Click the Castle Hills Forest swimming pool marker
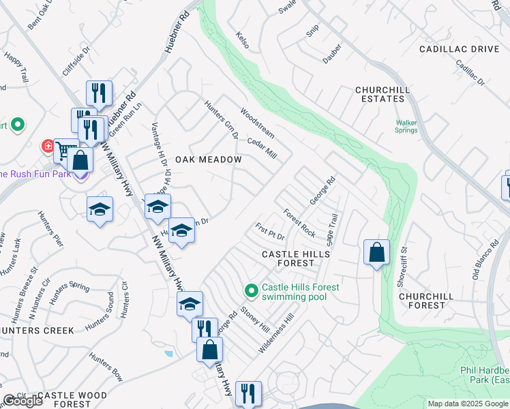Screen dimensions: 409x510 [252, 291]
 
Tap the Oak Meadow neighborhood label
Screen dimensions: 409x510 [209, 160]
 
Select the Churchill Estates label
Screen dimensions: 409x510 [380, 94]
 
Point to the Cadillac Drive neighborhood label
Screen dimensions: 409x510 [460, 50]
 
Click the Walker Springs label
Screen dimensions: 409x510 [406, 127]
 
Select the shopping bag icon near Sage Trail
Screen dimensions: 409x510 [376, 253]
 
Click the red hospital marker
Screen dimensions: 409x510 [48, 146]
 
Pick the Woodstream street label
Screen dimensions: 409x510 [257, 122]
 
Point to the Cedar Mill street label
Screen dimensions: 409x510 [262, 149]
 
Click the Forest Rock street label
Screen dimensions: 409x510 [299, 222]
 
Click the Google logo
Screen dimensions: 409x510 [22, 402]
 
